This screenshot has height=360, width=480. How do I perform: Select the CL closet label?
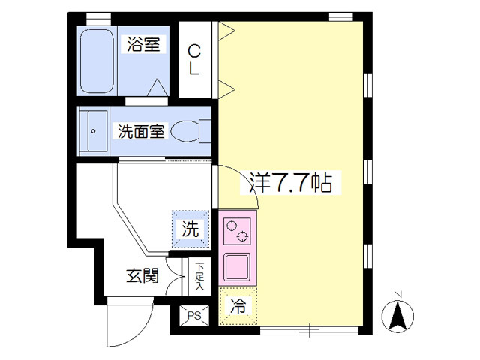(194, 59)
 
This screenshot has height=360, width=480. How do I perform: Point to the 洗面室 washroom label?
(139, 132)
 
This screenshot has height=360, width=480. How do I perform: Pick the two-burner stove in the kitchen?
(238, 230)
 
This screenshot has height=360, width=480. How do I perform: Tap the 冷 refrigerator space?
(237, 306)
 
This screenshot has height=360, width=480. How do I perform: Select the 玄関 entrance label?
(142, 275)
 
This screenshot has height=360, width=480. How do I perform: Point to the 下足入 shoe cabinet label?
(199, 276)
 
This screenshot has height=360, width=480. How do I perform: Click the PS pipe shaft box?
(193, 315)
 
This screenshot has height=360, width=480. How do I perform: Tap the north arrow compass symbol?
(399, 316)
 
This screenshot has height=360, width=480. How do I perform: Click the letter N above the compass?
(399, 293)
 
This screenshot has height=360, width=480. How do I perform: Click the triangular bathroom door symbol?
(158, 88)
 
